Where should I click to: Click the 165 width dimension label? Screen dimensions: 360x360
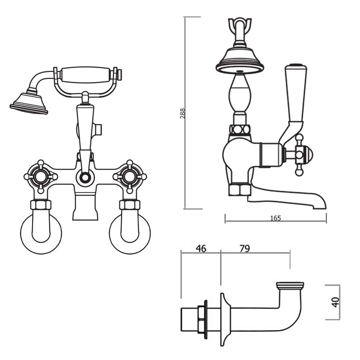[275, 218]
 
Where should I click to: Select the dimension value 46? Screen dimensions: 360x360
[201, 248]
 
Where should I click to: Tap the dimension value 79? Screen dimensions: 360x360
[244, 248]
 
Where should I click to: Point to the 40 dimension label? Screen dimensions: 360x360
[336, 302]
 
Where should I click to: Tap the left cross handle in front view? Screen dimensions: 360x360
[40, 176]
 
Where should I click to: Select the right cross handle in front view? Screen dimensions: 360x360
[130, 176]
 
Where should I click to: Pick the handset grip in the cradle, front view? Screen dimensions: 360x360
[85, 75]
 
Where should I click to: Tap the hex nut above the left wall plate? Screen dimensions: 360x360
[41, 205]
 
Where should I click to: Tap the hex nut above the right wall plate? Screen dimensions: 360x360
[130, 205]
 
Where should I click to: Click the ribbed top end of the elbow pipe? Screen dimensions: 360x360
[290, 286]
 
